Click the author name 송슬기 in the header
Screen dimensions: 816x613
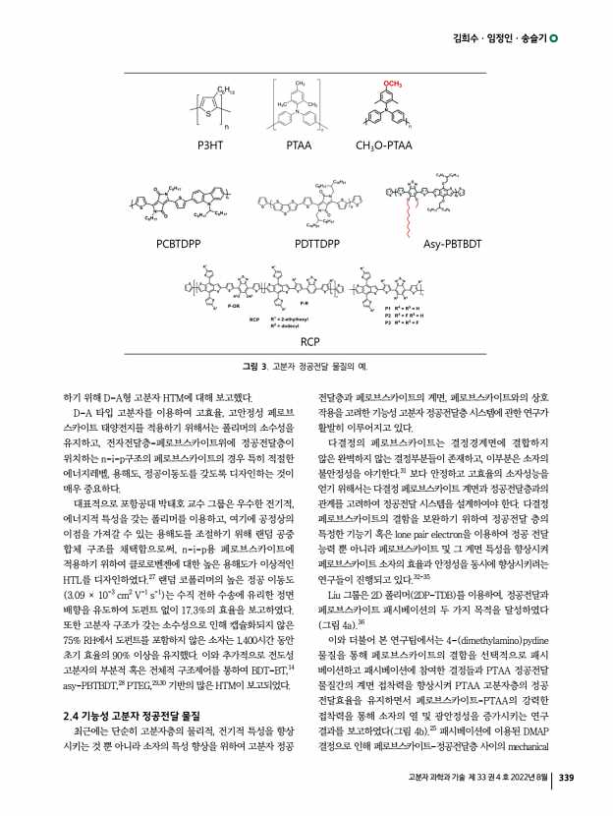pyautogui.click(x=531, y=38)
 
